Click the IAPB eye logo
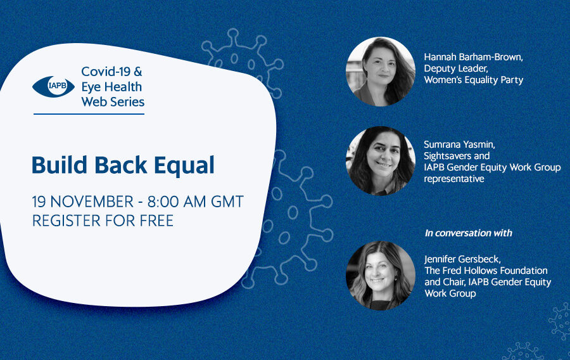(53, 87)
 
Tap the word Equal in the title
(184, 165)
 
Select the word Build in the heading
(60, 165)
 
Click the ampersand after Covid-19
(138, 72)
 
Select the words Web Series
(113, 102)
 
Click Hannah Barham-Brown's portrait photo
(380, 72)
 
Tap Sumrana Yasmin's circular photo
(380, 161)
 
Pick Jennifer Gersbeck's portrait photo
(380, 276)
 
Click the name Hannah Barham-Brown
(473, 57)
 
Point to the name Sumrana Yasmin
(459, 145)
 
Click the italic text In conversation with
(468, 233)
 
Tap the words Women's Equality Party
(474, 80)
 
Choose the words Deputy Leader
(456, 68)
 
